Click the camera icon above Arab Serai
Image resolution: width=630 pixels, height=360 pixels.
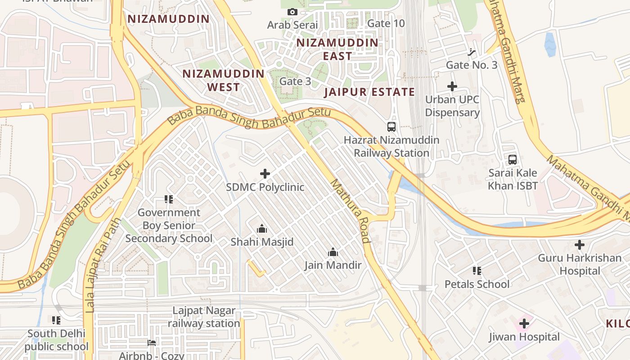coord(292,12)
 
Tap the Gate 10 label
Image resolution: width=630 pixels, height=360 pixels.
coord(386,23)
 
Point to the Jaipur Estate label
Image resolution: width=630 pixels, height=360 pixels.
coord(369,92)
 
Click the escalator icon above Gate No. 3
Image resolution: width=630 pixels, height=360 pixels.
coord(471,52)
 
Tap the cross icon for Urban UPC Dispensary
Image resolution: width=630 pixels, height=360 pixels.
coord(452,86)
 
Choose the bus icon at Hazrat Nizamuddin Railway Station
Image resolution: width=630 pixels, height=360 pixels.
coord(391,127)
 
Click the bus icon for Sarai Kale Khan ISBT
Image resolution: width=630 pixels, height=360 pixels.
coord(513,159)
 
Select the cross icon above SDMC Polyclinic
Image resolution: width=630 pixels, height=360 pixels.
coord(265,174)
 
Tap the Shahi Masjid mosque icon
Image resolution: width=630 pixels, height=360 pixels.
coord(261,229)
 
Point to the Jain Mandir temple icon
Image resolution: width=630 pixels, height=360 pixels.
coord(333,252)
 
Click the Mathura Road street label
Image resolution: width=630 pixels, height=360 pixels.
coord(351,211)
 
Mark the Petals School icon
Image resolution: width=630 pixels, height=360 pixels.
coord(477,271)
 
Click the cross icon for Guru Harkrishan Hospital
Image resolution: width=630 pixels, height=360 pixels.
coord(580,245)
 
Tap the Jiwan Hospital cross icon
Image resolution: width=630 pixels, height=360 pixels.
coord(524,324)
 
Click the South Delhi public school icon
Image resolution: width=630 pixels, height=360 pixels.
coord(56,320)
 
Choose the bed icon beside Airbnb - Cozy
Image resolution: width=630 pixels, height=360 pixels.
coord(152,343)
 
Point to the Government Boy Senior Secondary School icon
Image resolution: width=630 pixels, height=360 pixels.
coord(169,199)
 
